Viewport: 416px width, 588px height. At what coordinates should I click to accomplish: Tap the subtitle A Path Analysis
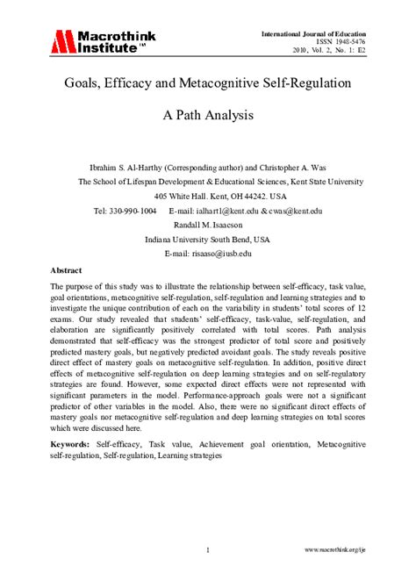(x=207, y=114)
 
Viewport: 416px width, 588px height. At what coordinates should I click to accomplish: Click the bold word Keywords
(x=70, y=446)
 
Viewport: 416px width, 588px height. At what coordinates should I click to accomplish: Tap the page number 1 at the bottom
(x=207, y=550)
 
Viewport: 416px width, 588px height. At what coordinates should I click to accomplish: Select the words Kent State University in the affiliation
(x=326, y=182)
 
